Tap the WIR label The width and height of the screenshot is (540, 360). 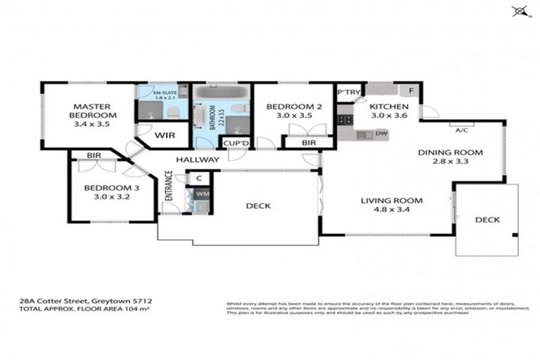pos(165,135)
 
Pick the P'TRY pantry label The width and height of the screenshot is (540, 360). pos(348,92)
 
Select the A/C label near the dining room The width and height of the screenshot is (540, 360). pos(462,129)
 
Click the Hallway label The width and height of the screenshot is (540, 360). pos(198,160)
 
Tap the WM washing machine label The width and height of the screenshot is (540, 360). pos(202,193)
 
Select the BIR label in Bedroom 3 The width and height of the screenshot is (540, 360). pos(94,155)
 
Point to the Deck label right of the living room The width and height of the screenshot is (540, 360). pos(487,220)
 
